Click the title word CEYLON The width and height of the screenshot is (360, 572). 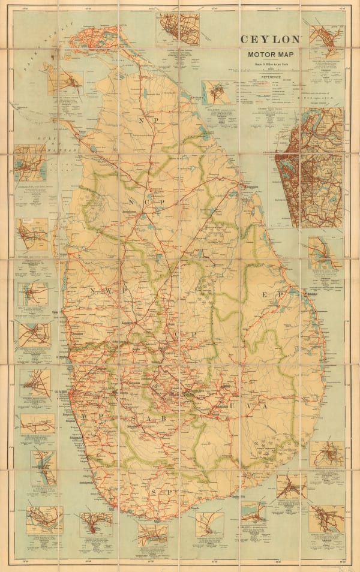[x=269, y=40]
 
